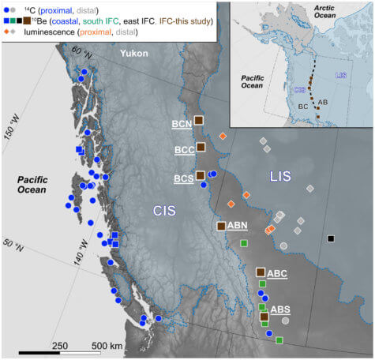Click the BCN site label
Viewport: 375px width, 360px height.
pyautogui.click(x=182, y=124)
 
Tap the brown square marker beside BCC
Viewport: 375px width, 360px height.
pyautogui.click(x=201, y=148)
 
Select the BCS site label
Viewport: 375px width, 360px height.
pyautogui.click(x=182, y=178)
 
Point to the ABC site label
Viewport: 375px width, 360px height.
pyautogui.click(x=277, y=273)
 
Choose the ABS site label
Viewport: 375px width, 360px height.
pyautogui.click(x=280, y=309)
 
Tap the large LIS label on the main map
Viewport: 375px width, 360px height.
pyautogui.click(x=284, y=177)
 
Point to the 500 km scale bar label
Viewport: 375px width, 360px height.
pyautogui.click(x=107, y=346)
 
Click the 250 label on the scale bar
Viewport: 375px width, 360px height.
pyautogui.click(x=60, y=346)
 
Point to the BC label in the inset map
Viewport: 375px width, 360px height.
pyautogui.click(x=303, y=105)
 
